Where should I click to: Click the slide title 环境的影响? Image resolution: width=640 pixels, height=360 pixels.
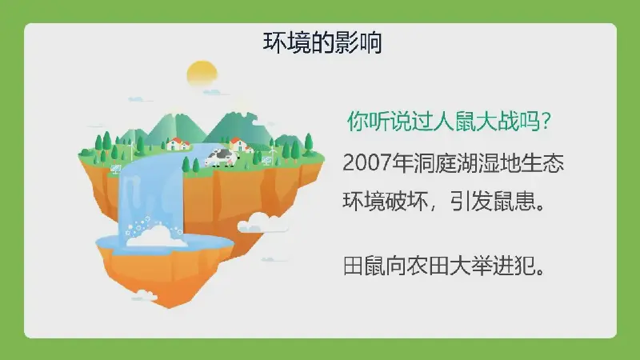322,43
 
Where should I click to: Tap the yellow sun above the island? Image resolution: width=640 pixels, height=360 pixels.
202,74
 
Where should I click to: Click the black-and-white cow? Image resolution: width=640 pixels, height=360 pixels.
221,158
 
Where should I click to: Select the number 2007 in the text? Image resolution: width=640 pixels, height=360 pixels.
367,163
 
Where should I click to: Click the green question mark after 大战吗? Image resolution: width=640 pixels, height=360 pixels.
546,121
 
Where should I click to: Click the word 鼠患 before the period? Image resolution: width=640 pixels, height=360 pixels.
514,202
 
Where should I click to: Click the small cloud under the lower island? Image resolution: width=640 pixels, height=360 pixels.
144,295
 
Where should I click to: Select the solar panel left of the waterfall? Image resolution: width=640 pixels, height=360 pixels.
115,169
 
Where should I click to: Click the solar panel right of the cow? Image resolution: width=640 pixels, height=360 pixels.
267,160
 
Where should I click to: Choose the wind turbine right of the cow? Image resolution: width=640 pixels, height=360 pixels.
273,154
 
